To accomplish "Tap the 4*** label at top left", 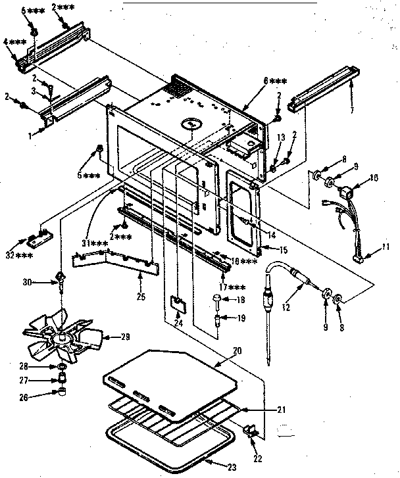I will pos(13,42).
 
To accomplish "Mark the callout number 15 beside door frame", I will pos(284,250).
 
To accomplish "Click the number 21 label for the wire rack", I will pos(281,410).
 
